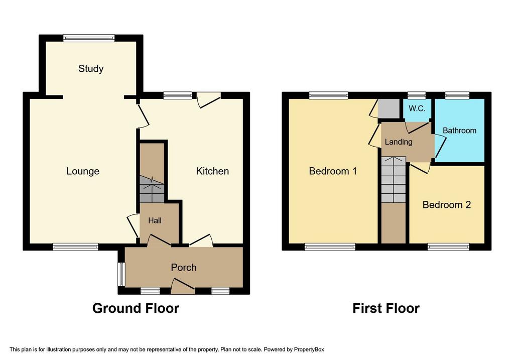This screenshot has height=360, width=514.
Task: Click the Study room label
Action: click(91, 69)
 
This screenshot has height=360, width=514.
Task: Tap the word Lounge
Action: click(83, 171)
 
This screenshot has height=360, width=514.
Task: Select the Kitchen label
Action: click(212, 171)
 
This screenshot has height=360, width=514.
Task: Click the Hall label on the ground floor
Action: click(155, 220)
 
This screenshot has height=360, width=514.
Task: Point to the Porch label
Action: click(184, 267)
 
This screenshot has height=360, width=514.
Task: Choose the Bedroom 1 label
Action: click(333, 171)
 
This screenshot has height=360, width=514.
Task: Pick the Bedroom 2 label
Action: click(446, 205)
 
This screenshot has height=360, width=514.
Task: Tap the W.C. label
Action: click(417, 108)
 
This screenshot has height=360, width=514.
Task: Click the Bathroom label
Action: click(459, 131)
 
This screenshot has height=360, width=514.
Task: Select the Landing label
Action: click(399, 142)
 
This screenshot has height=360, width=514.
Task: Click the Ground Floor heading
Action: click(136, 308)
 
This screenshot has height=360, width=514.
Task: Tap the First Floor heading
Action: click(386, 308)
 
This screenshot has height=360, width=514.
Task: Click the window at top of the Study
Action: click(89, 38)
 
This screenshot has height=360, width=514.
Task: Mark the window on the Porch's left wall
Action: click(120, 274)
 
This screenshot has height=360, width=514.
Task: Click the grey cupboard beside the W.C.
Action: click(388, 108)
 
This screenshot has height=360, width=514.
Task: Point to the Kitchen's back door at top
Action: click(208, 99)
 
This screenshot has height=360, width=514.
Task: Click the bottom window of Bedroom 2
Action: click(448, 247)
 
